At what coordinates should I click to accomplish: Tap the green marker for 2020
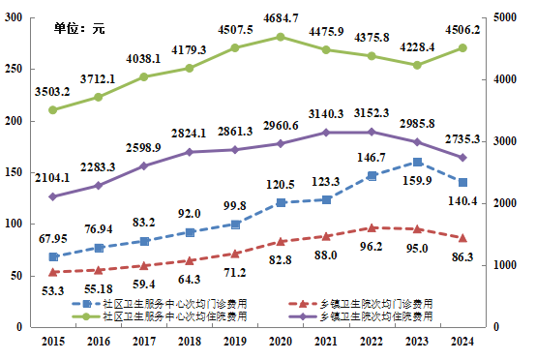281,37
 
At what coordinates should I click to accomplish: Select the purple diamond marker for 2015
53,196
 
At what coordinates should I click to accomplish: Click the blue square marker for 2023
417,163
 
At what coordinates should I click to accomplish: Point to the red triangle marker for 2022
372,228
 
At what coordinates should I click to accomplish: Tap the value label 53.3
54,289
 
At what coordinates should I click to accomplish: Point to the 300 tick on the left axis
15,18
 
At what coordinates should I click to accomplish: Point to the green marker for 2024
462,47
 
